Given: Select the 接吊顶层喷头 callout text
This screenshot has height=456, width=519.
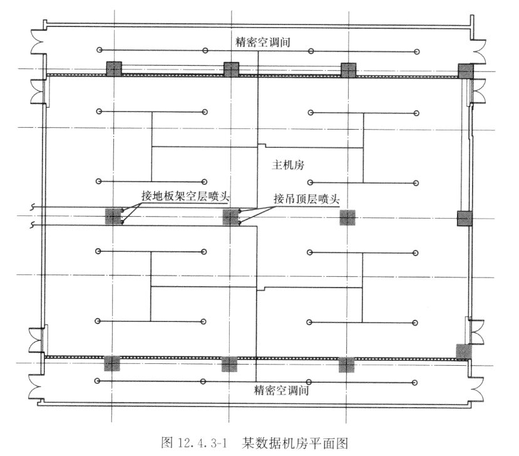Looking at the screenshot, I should [x=307, y=199].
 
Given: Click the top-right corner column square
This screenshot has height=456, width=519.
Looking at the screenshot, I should [x=466, y=70].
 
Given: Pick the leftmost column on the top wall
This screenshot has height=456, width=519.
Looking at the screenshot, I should [x=114, y=69].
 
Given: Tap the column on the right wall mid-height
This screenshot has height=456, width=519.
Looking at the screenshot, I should [x=464, y=218].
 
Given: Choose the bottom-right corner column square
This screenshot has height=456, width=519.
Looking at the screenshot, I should [x=464, y=351].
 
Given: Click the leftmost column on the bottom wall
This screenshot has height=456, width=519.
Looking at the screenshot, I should [x=112, y=363].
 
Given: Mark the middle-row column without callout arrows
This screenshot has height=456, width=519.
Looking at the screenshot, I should [x=347, y=217].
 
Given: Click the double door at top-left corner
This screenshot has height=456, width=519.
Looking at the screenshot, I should [x=34, y=43].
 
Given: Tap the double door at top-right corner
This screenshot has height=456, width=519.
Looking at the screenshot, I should [x=484, y=43].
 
